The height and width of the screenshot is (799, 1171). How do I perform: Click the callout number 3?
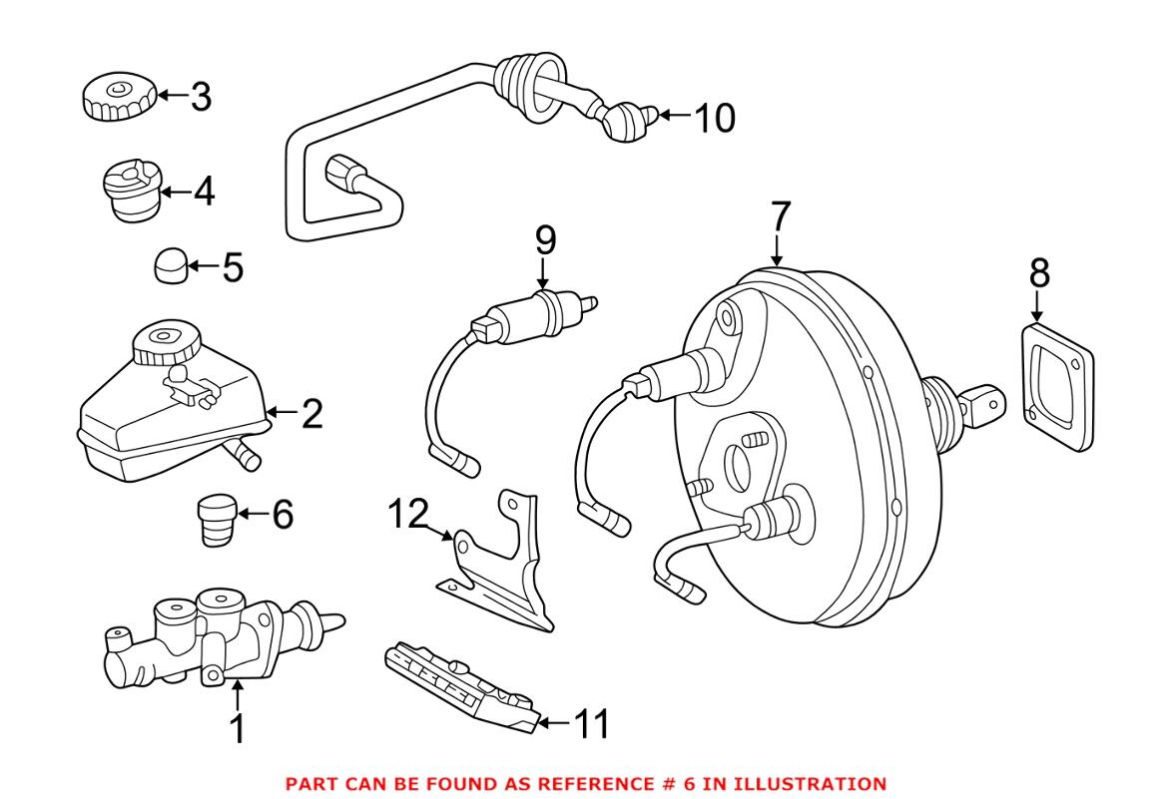201,97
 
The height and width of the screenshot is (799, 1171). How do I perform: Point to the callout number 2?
311,413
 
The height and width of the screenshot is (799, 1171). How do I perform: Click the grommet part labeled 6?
213,518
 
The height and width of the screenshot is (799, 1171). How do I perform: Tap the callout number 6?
283,515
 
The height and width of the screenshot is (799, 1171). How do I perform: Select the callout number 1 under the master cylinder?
238,729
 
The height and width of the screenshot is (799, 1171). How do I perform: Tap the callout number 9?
545,239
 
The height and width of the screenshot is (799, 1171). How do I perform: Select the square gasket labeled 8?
1057,384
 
